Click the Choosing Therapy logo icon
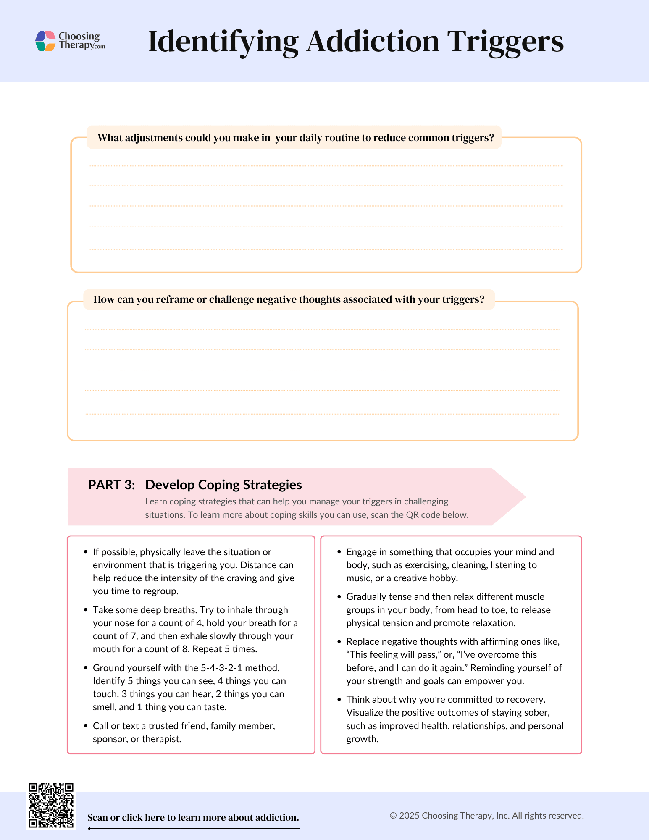coord(45,41)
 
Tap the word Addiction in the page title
coord(373,42)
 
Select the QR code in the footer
coord(51,806)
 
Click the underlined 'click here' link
coord(143,817)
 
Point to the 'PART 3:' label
coord(112,485)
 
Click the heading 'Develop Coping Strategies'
coord(223,485)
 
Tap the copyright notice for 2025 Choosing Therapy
coord(486,816)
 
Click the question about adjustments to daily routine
coord(296,138)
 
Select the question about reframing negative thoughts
coord(289,299)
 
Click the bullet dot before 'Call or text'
coord(86,726)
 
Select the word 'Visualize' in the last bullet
coord(365,712)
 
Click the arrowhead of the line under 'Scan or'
coord(89,829)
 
